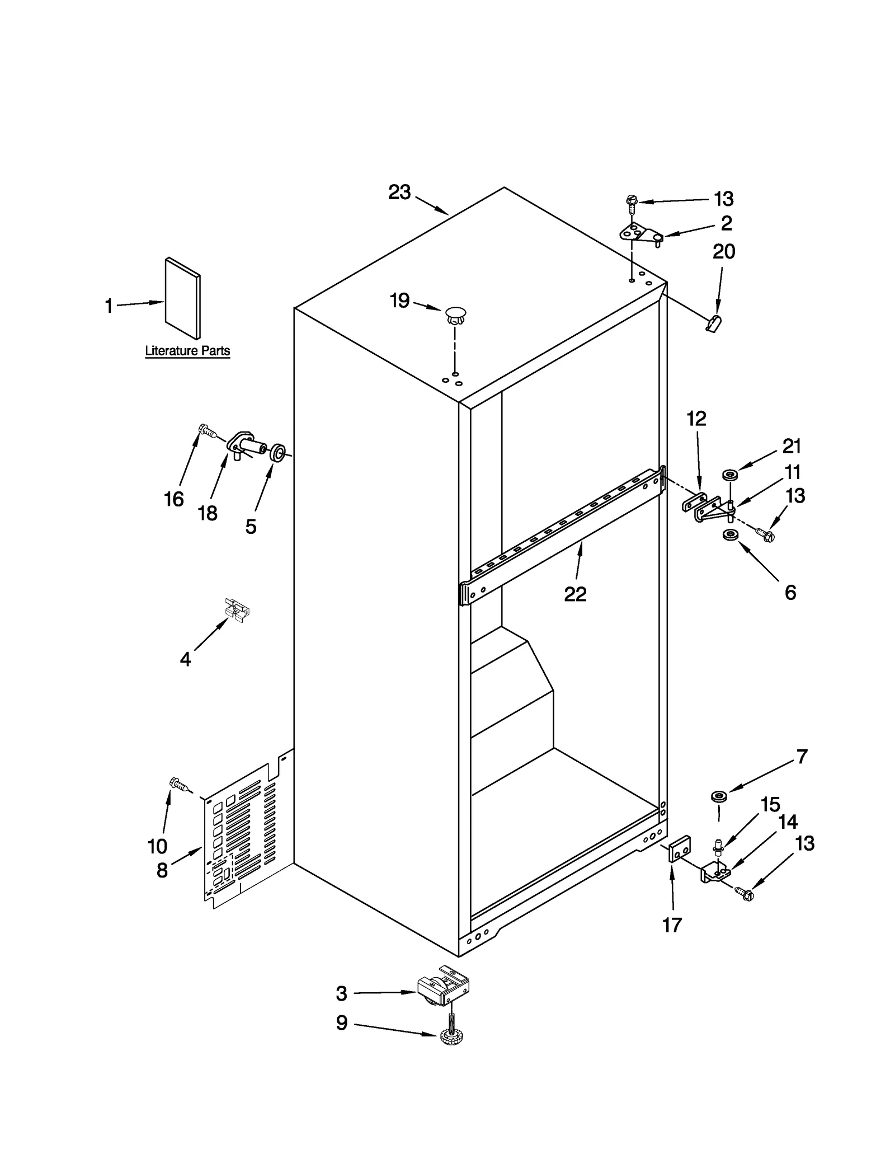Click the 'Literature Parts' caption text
(x=187, y=351)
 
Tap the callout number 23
(x=399, y=193)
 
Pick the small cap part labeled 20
(x=714, y=323)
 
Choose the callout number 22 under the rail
(x=575, y=594)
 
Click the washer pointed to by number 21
(x=729, y=475)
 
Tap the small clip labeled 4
(x=237, y=608)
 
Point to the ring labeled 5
(x=277, y=452)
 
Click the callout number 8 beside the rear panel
(x=162, y=870)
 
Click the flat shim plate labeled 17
(x=680, y=851)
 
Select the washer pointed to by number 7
(x=718, y=796)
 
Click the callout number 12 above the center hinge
(x=696, y=419)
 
